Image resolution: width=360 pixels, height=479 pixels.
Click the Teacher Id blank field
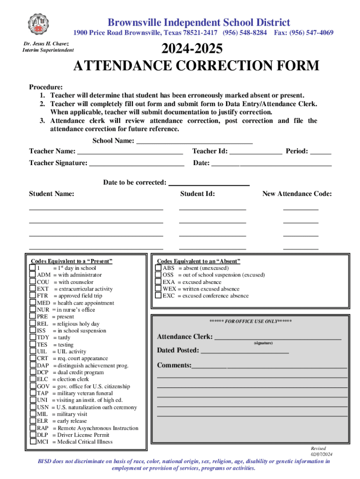tap(256, 152)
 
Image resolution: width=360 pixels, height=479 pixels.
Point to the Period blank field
tap(320, 152)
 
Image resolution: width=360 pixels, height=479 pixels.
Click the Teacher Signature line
tap(137, 163)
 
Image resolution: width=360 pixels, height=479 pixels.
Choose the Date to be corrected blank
tap(209, 183)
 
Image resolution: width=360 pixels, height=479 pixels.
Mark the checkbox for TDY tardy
tap(33, 337)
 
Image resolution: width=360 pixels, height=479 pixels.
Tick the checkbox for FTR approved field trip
tap(33, 296)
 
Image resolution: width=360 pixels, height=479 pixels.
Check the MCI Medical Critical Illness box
tap(33, 442)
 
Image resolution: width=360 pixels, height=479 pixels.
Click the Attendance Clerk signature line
tap(277, 337)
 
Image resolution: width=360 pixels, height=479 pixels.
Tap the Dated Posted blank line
tap(245, 351)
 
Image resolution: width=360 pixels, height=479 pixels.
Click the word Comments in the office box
tap(174, 365)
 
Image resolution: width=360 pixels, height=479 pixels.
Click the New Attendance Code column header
tap(297, 194)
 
